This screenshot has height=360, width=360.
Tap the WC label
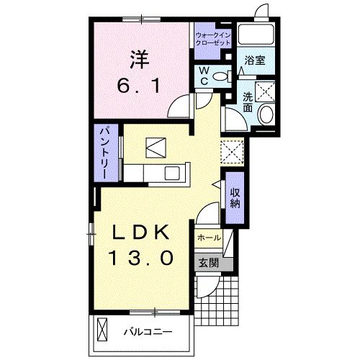coord(202,76)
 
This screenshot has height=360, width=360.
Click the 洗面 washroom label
coord(248,102)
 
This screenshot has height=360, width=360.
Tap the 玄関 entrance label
coord(206,262)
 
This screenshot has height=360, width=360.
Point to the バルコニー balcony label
coord(147,333)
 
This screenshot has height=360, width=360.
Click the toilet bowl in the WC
coord(220,74)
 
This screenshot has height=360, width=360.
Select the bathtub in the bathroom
coord(258,35)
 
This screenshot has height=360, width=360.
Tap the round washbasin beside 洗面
coord(265,114)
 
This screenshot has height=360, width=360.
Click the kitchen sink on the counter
coord(173,173)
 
